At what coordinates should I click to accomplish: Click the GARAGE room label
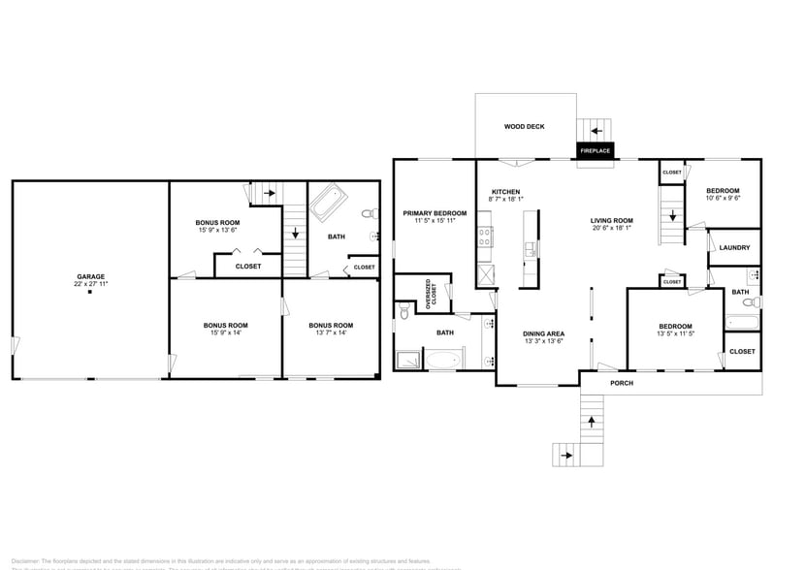90,276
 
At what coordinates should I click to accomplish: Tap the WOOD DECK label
524,127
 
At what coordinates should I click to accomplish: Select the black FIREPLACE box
595,151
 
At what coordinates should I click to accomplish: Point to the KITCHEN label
505,191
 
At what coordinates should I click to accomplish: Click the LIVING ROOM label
611,221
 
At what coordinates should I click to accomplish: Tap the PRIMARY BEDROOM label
435,213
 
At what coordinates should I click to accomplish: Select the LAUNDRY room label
734,247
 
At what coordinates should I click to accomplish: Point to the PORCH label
622,383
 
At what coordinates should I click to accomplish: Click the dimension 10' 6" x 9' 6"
723,198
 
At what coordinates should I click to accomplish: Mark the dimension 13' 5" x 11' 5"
675,333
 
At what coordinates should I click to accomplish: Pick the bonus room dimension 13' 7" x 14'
330,332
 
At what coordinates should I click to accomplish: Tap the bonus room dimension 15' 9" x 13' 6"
217,230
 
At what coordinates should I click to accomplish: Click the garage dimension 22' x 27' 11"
90,284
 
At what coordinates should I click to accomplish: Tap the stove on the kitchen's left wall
483,237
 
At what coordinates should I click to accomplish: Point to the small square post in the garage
90,293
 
